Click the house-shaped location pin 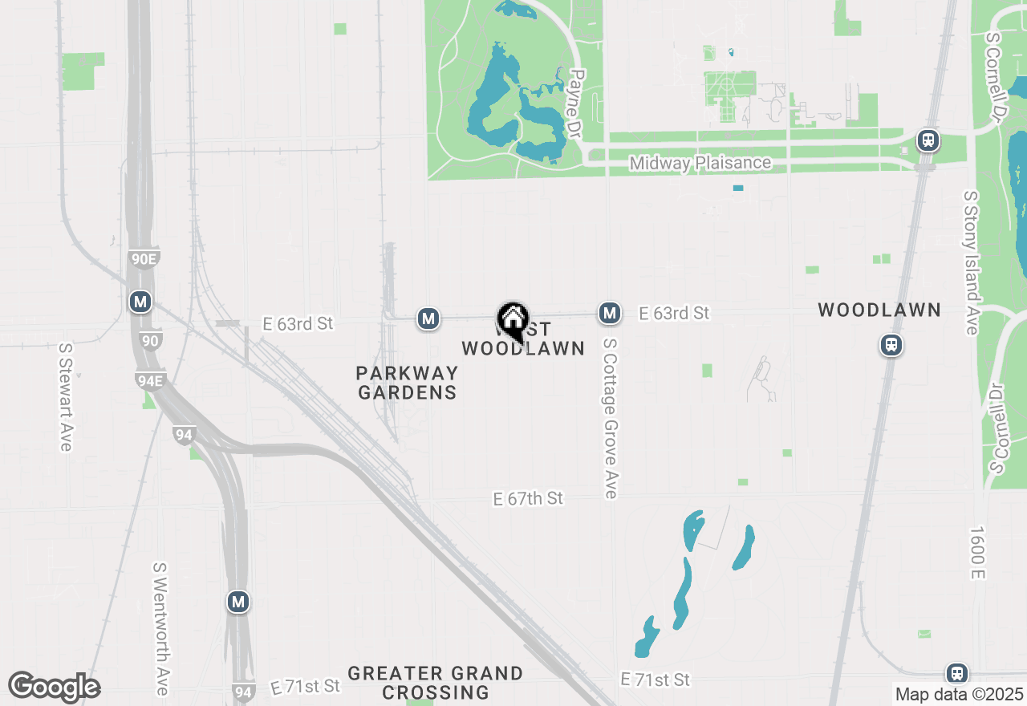(513, 319)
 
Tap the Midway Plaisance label (700, 163)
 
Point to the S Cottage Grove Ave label (610, 417)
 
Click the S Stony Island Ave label (971, 262)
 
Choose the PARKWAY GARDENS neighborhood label (408, 383)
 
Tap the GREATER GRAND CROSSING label (436, 683)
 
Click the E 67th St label (528, 499)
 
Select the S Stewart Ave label (65, 397)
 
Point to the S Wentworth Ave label (160, 628)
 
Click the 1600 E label (976, 552)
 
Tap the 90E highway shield (144, 258)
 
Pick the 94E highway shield (149, 380)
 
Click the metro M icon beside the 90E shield (140, 302)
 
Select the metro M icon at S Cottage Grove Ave (610, 313)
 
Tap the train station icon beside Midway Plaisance (928, 141)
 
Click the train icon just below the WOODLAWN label (891, 345)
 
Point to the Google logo (54, 688)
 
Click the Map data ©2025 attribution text (959, 694)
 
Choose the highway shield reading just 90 (150, 340)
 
